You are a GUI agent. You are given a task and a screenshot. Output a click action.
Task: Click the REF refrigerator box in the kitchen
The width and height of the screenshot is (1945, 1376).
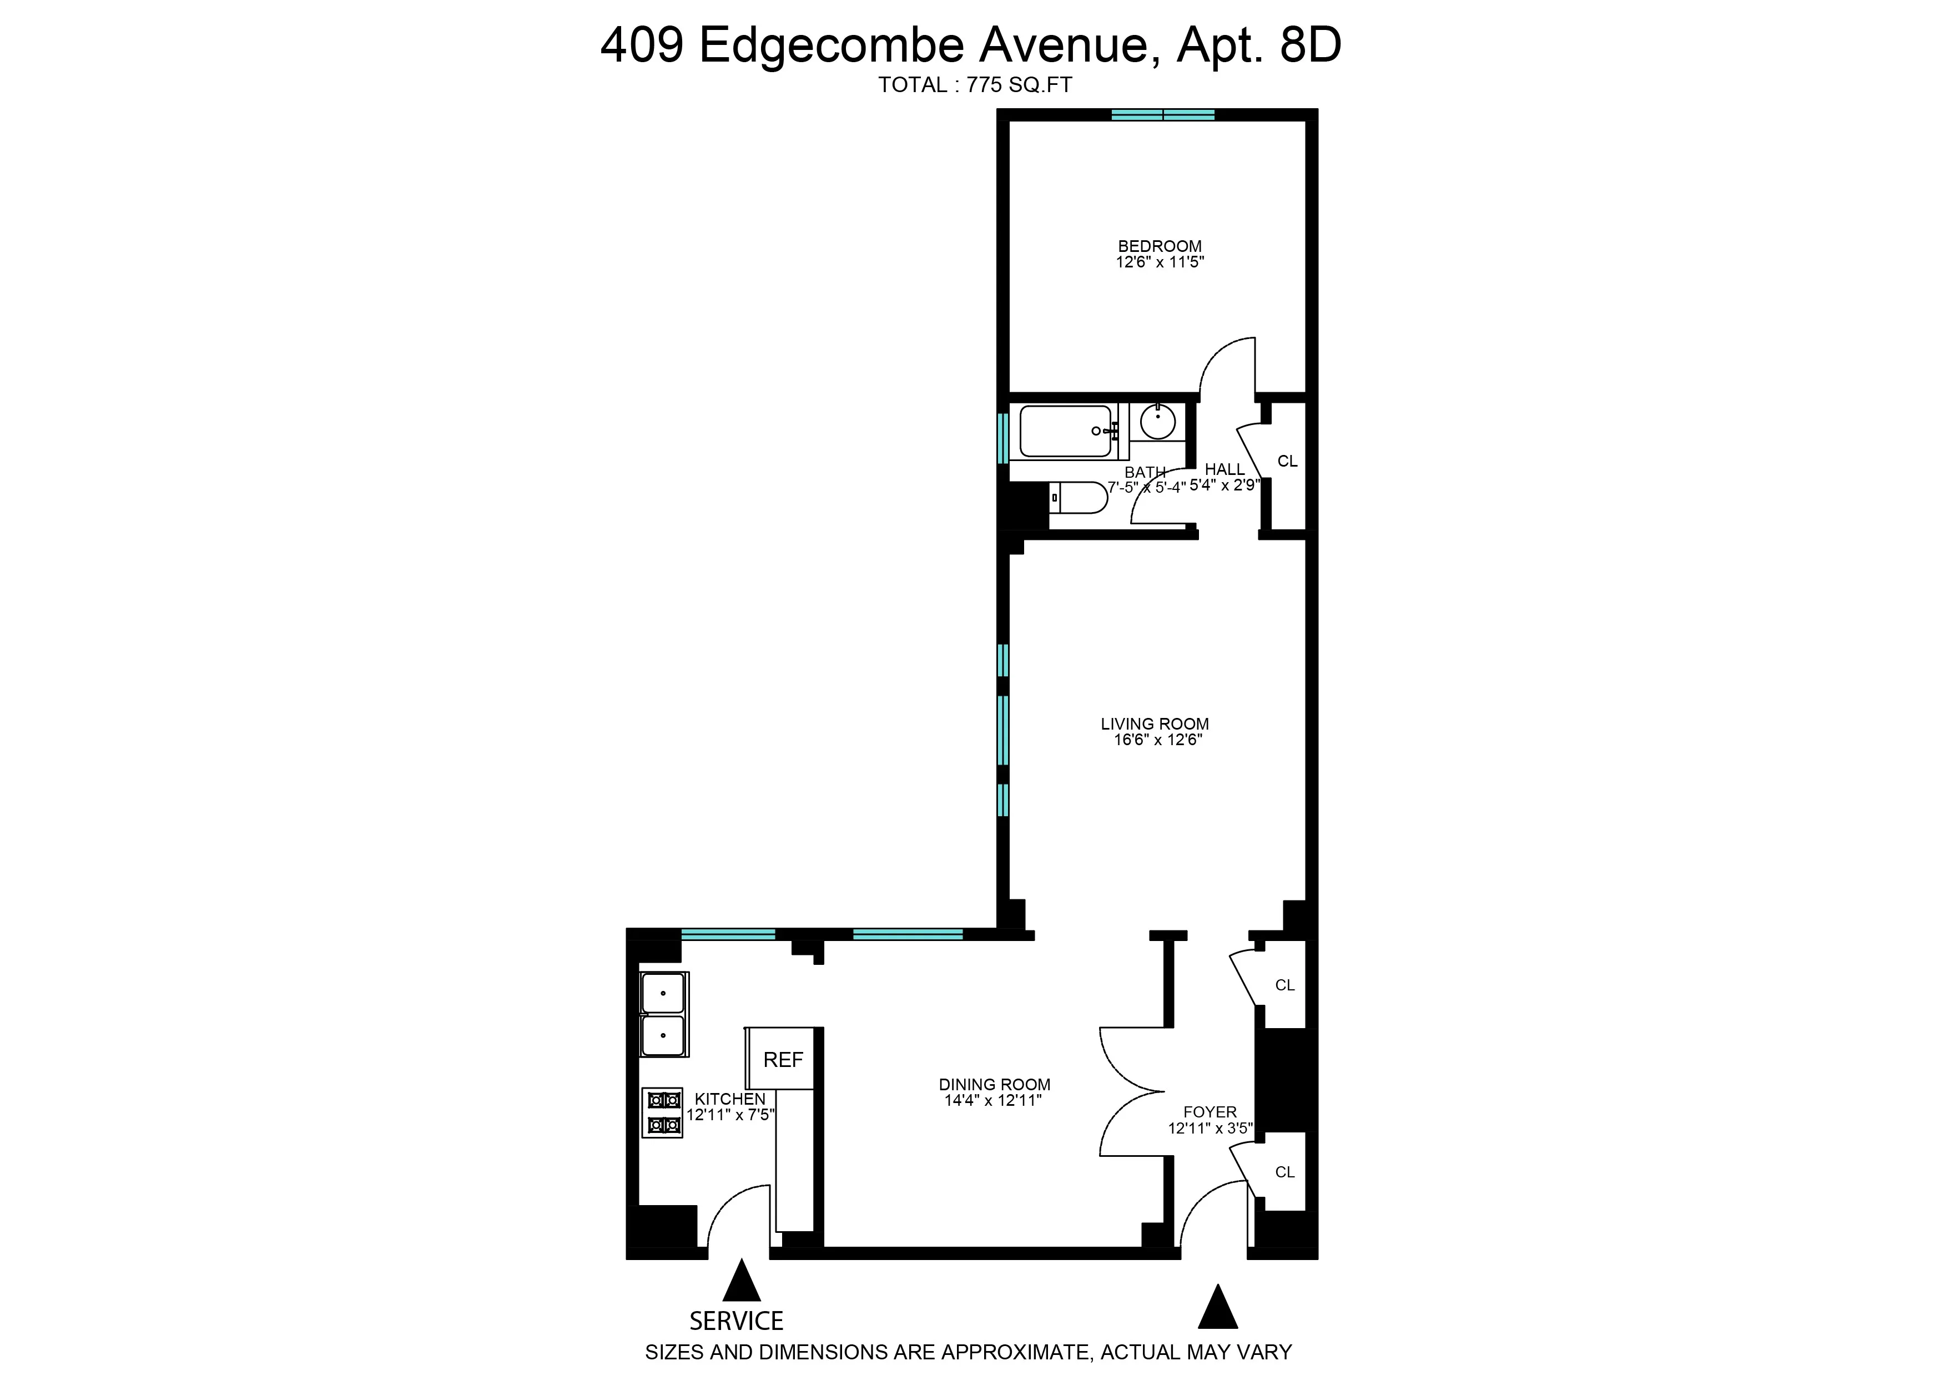782,1059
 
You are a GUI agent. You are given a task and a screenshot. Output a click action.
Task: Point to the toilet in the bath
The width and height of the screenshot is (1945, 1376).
1078,497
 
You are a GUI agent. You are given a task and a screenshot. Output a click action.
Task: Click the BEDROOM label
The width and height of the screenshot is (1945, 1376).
1160,246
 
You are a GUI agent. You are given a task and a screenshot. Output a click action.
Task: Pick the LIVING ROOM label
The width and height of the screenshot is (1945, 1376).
1154,724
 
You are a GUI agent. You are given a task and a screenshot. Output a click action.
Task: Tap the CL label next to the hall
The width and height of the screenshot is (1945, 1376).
1287,461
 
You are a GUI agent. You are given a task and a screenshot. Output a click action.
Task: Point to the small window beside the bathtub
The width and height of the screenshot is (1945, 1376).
1002,437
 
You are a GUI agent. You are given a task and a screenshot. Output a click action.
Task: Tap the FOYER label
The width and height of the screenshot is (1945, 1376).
1210,1112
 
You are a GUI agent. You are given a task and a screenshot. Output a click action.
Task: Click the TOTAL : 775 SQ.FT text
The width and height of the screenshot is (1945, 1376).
975,85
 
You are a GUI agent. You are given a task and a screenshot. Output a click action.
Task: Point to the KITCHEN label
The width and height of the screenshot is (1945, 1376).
730,1098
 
